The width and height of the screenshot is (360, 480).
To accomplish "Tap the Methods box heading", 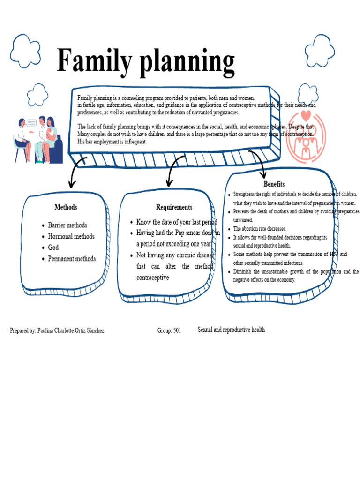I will [66, 207].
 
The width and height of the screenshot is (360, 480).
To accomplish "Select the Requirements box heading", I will [174, 207].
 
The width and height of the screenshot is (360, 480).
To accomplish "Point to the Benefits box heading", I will [274, 184].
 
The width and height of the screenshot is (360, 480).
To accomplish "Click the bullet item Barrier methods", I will [67, 225].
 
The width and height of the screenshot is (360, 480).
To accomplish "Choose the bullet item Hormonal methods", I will [71, 236].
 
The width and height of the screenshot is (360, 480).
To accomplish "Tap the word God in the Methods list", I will [53, 247].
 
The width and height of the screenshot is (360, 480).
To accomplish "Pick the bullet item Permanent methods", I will [72, 259].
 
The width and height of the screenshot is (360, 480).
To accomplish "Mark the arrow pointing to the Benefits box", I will [259, 162].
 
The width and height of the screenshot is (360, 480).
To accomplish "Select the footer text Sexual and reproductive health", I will [231, 330].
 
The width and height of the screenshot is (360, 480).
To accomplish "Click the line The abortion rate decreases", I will [260, 229].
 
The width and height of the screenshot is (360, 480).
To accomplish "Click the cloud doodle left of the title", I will [25, 51].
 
